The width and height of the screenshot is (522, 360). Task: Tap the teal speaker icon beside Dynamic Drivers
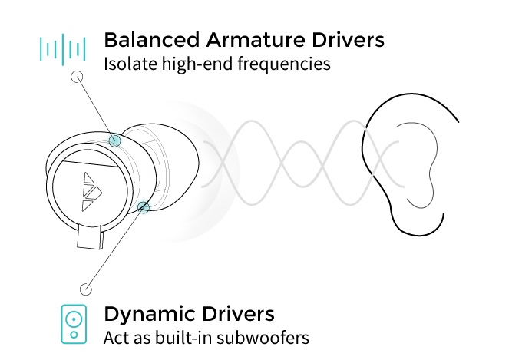click(x=74, y=324)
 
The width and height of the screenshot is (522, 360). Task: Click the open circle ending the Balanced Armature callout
click(x=76, y=77)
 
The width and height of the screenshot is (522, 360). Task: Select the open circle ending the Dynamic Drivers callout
click(x=85, y=289)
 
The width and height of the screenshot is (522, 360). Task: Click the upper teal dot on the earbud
click(x=115, y=140)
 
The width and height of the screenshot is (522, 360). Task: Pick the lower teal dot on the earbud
click(x=144, y=206)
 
